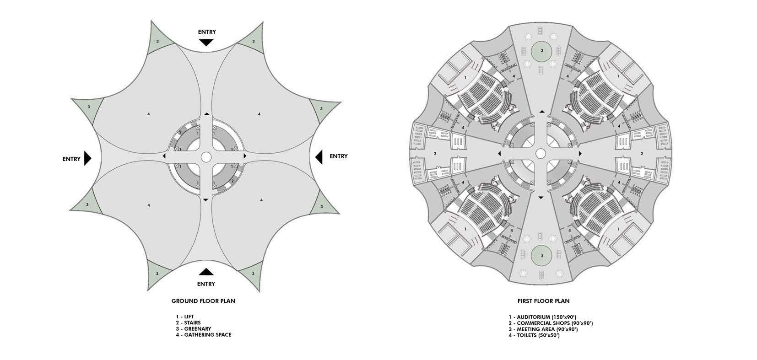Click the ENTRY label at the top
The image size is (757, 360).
206,32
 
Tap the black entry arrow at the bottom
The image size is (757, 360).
206,272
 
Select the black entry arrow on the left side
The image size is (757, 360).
88,158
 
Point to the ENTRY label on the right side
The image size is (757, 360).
338,156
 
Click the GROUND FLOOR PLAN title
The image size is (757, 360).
203,301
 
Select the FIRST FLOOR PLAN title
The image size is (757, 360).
543,301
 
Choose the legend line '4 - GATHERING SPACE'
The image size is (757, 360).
203,335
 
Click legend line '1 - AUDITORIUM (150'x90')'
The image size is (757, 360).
542,317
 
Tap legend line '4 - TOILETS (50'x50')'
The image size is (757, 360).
534,335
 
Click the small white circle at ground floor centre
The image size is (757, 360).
205,157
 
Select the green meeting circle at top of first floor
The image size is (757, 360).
542,51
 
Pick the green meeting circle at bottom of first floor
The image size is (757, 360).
542,255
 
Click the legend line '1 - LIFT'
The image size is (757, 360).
184,317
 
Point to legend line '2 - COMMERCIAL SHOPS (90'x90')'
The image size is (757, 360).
550,323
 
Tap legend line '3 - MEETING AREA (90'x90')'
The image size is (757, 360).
542,329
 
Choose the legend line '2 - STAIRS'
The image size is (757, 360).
188,322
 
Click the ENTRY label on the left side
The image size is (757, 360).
71,159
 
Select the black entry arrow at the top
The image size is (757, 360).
206,43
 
